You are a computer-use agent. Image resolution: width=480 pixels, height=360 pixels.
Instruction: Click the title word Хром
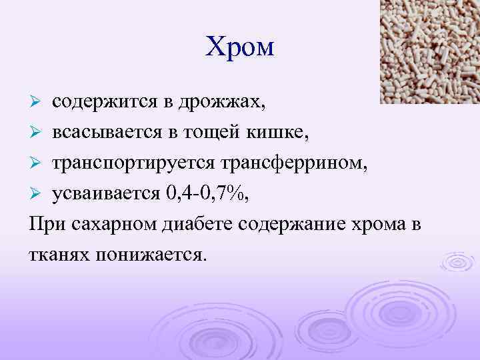pyautogui.click(x=240, y=47)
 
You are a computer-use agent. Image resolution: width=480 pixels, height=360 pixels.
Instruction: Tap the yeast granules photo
pyautogui.click(x=429, y=51)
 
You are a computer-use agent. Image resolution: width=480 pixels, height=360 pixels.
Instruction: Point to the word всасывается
pyautogui.click(x=103, y=133)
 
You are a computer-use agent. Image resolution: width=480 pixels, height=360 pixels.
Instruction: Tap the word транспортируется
pyautogui.click(x=126, y=163)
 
